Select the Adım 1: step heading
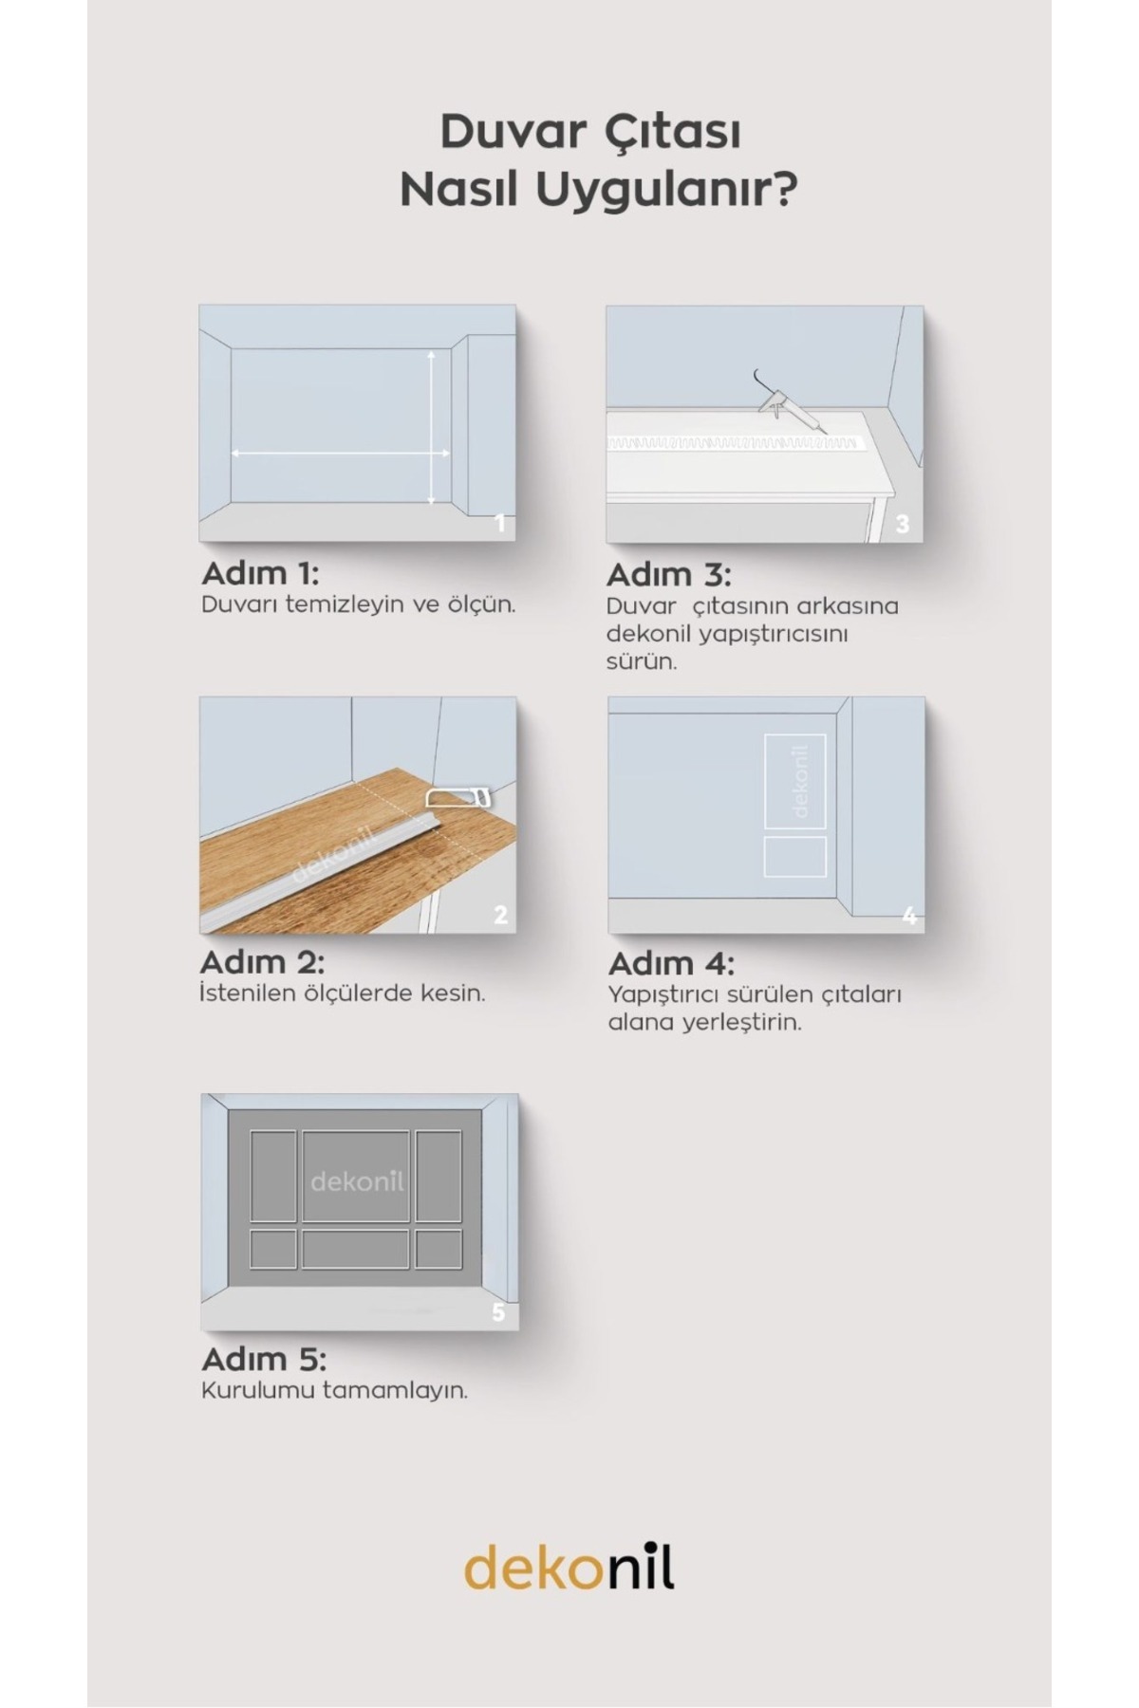coord(260,573)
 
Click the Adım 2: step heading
coord(262,962)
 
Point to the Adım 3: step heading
coord(668,575)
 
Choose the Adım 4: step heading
coord(671,964)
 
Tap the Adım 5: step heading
coord(264,1360)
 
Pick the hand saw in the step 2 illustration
coord(460,796)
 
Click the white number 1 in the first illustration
coord(500,524)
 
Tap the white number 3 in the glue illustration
coord(902,524)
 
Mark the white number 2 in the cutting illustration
coord(500,915)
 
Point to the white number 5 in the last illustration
coord(499,1313)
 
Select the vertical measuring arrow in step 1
coord(432,426)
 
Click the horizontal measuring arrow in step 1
coord(341,454)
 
